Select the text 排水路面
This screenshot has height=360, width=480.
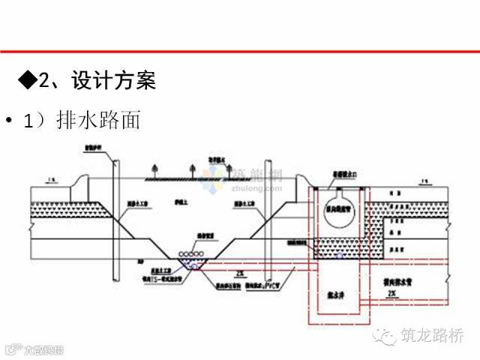[98, 121]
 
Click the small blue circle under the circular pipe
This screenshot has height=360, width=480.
[338, 256]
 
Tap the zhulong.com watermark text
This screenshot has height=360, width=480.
[252, 190]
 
